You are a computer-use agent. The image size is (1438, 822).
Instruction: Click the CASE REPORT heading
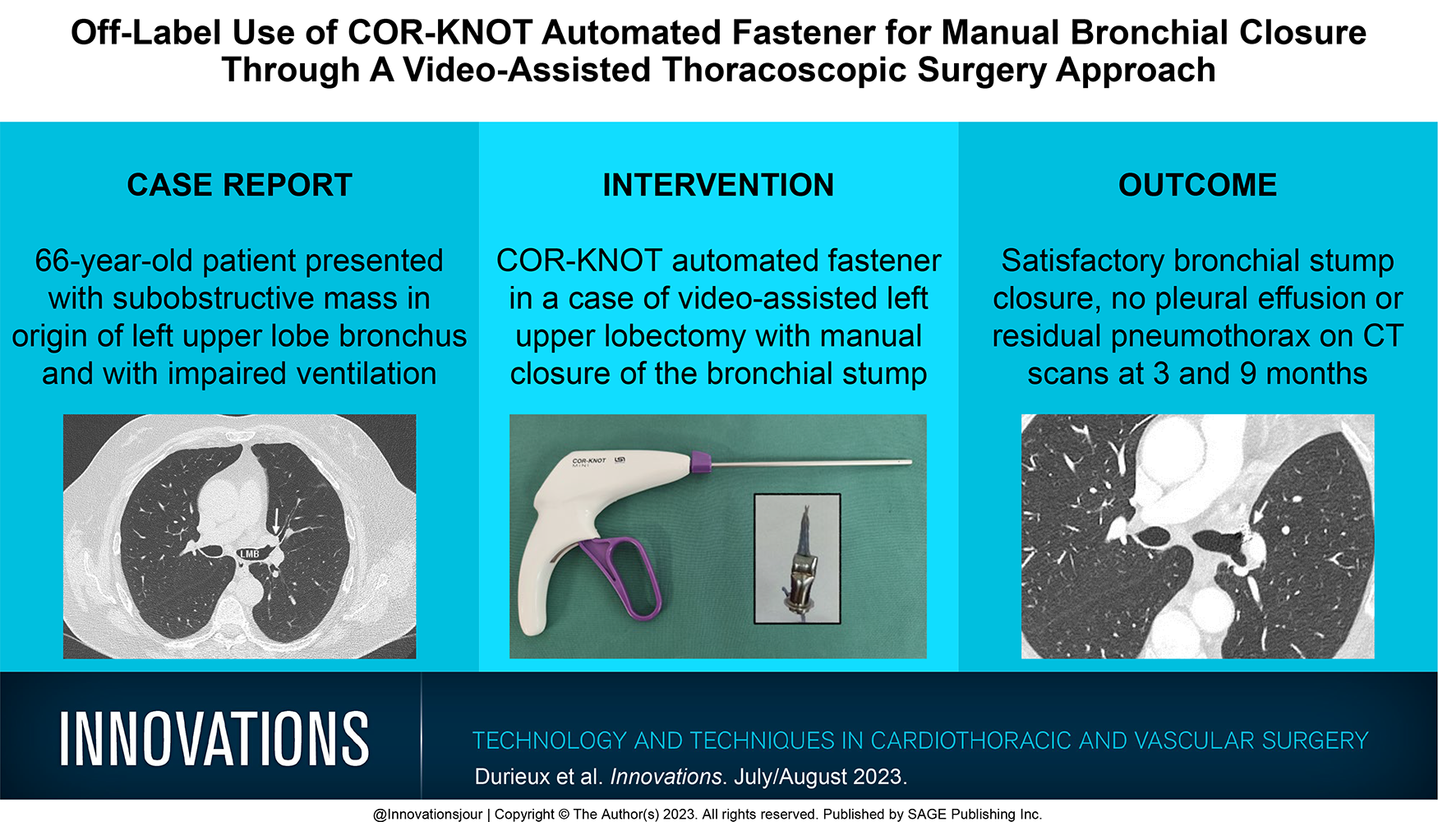coord(239,185)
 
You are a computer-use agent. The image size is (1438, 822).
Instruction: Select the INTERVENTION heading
coord(718,185)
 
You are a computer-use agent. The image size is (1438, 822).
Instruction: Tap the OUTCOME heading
coord(1197,185)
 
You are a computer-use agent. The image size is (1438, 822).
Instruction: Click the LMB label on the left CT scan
coord(249,554)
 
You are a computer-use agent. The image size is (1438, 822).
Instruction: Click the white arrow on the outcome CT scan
coord(1261,513)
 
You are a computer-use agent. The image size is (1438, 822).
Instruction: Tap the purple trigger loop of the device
coord(620,575)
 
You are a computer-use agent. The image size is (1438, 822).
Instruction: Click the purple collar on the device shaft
coord(701,464)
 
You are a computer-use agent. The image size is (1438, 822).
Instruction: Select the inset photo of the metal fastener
coord(797,558)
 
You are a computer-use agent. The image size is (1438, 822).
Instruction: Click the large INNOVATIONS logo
coord(214,739)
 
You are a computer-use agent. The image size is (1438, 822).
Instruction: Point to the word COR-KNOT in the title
coord(440,33)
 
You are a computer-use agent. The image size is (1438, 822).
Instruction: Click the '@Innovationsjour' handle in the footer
coord(427,814)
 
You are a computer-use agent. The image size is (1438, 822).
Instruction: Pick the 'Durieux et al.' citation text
coord(538,777)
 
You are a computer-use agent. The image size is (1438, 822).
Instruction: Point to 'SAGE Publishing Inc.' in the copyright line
coord(975,814)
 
